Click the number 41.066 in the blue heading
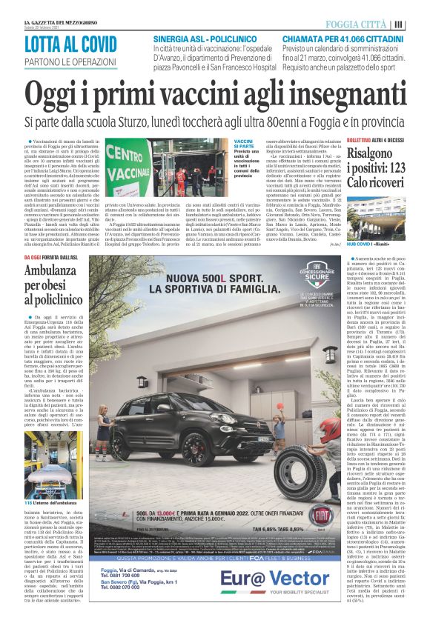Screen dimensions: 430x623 point(356,38)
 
